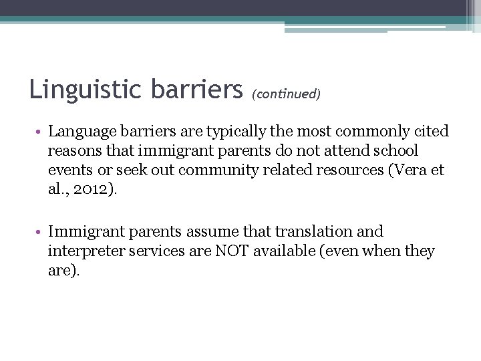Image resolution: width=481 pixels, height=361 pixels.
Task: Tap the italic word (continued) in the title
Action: click(286, 94)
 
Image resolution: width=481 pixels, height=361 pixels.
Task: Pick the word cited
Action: click(432, 132)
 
